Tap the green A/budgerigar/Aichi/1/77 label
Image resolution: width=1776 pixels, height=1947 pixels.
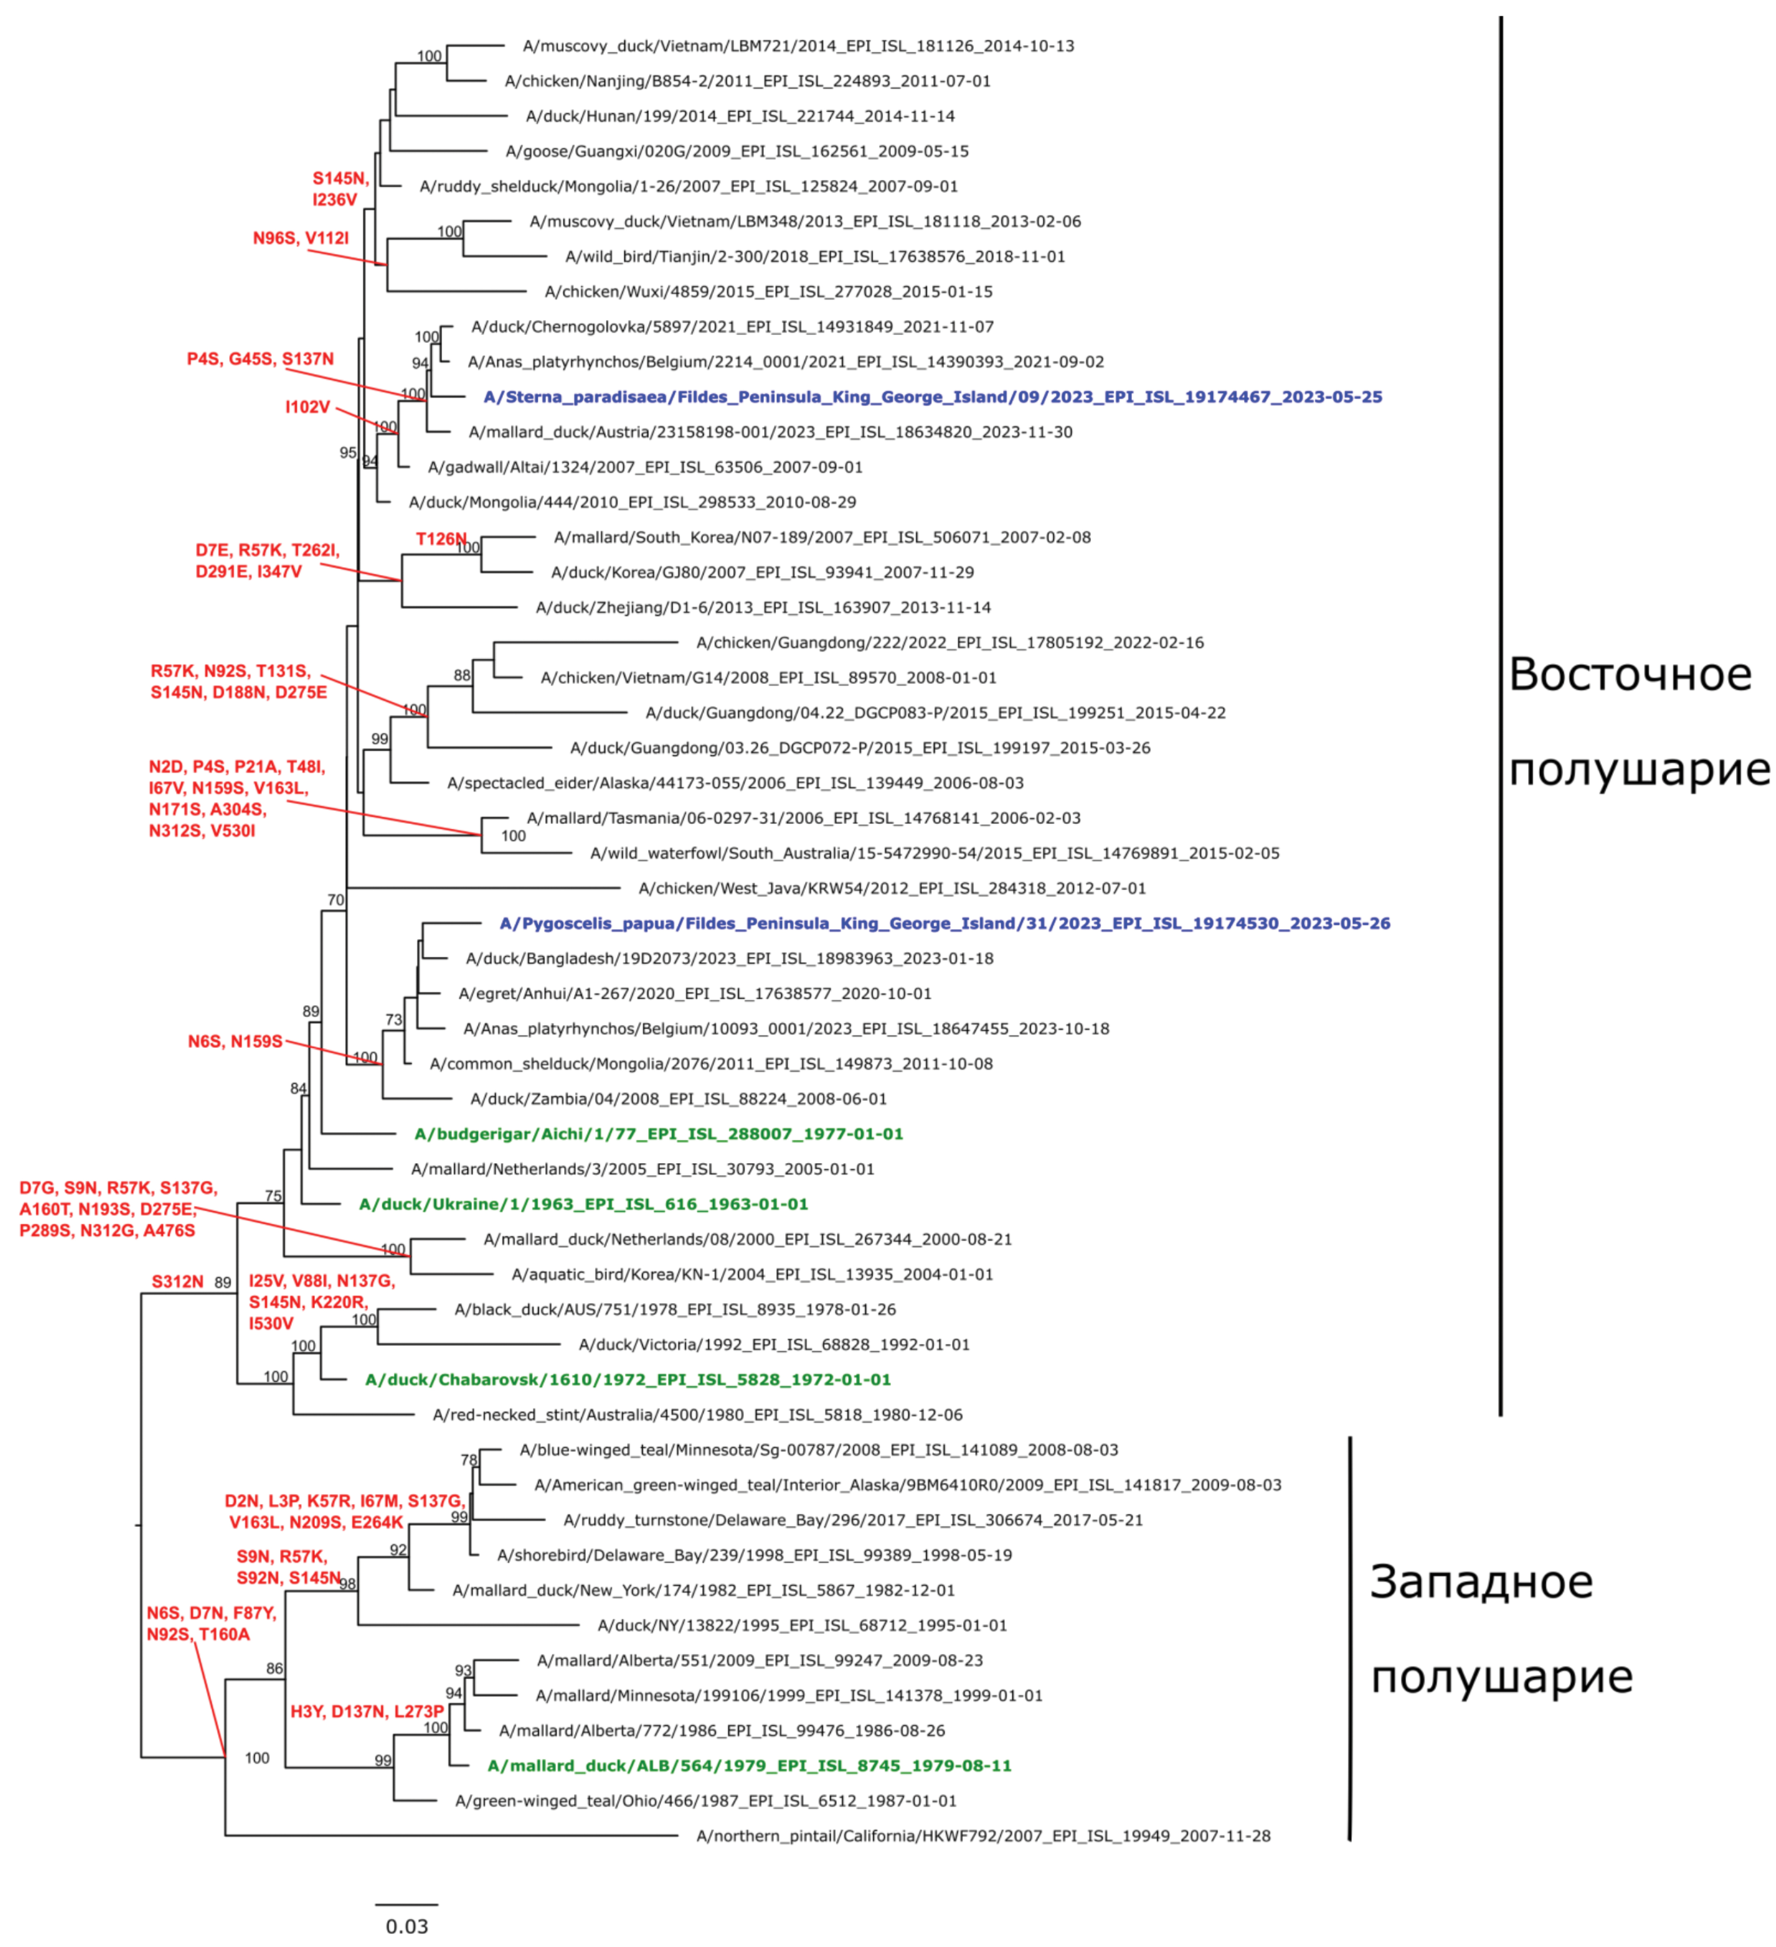coord(659,1134)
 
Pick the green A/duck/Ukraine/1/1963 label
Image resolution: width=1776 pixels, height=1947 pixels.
coord(583,1204)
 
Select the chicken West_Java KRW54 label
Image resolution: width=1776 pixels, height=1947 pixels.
coord(891,888)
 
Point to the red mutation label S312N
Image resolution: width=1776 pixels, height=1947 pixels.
coord(178,1281)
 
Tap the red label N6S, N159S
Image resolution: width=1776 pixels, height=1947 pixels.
coord(235,1041)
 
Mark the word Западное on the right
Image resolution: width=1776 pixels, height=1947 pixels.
coord(1481,1582)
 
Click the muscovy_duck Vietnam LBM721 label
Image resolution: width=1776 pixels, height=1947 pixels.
coord(798,46)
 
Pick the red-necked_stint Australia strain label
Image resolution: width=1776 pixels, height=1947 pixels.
coord(697,1415)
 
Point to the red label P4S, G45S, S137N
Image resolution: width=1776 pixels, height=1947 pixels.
coord(260,359)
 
